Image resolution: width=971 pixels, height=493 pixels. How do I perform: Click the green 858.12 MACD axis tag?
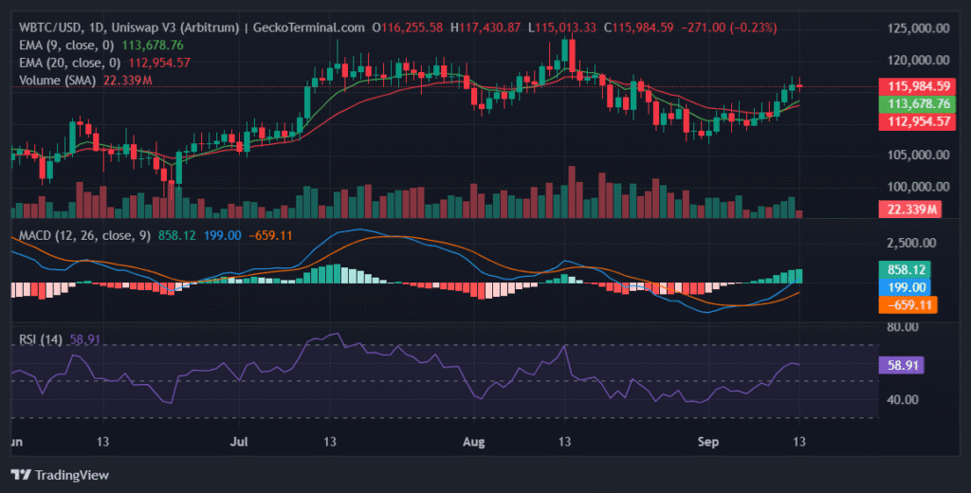pos(902,269)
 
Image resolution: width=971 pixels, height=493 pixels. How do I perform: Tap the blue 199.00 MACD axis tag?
pos(902,287)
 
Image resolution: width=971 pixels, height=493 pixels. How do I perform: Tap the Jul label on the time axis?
pos(241,441)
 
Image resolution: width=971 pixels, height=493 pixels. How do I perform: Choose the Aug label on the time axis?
pos(471,441)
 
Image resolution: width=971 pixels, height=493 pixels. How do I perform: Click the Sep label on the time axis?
pos(707,441)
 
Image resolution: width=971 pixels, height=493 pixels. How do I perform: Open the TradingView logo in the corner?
pos(60,474)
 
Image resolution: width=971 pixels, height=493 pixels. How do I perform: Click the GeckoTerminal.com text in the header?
pos(306,27)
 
